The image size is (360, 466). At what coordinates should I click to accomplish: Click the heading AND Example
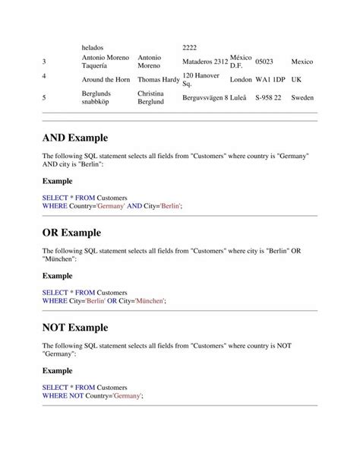click(75, 138)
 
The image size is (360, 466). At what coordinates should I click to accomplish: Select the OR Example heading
click(71, 233)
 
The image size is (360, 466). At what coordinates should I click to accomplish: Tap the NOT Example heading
click(75, 328)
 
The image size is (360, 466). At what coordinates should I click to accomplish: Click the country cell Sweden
click(302, 98)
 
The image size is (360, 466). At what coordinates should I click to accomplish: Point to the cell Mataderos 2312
click(205, 61)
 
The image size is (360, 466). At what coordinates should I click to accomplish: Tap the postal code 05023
click(264, 61)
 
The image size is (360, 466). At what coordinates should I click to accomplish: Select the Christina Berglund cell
click(151, 98)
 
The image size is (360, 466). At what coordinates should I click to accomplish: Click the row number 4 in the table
click(45, 77)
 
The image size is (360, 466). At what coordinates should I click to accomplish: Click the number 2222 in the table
click(189, 47)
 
